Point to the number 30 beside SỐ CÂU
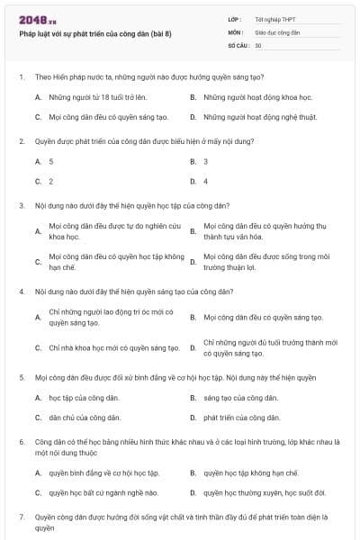[x=258, y=44]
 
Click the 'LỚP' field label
[x=235, y=19]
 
